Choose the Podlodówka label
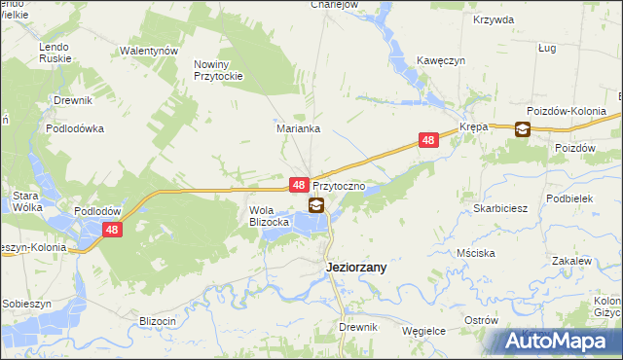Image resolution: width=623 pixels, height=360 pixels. tap(75, 127)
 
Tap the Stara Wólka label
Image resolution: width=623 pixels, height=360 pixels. tap(25, 200)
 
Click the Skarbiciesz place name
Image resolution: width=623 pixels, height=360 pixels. tap(500, 208)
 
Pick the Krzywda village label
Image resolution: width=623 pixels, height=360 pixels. tap(493, 19)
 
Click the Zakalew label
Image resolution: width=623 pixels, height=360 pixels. tap(571, 261)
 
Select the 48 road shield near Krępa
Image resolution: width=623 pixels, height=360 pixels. tap(429, 141)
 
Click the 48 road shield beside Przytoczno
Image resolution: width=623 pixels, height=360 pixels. tap(300, 184)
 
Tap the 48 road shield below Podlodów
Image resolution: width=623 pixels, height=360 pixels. tap(113, 230)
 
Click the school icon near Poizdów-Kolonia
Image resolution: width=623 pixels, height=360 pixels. tap(523, 128)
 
